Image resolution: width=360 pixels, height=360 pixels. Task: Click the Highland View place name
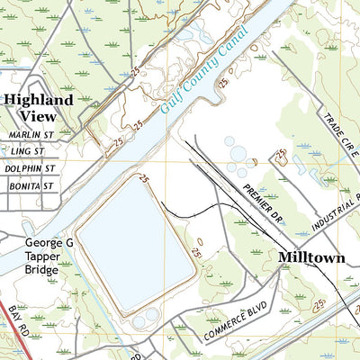click(38, 108)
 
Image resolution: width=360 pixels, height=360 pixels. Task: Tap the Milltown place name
click(310, 257)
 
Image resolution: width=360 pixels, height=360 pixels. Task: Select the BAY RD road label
click(16, 321)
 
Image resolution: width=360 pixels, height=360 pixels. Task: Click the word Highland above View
click(38, 100)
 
